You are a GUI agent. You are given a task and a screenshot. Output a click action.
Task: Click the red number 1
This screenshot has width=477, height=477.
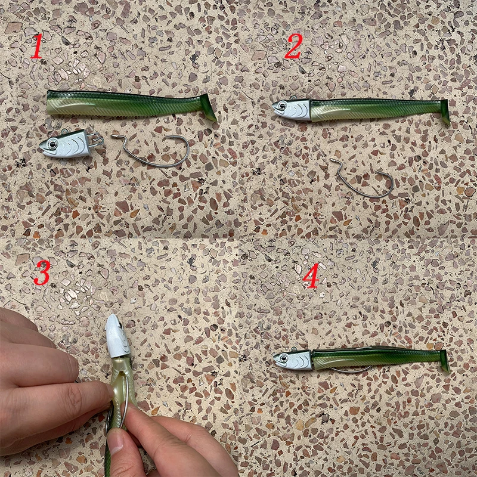tap(37, 46)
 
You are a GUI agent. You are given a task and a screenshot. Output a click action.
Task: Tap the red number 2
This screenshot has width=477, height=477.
tap(293, 46)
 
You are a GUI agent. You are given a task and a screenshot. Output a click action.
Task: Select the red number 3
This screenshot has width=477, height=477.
tap(42, 273)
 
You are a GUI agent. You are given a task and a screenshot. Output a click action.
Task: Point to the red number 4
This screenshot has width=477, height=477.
tap(311, 275)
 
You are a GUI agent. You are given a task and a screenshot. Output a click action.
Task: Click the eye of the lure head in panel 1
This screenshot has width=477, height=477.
tap(52, 144)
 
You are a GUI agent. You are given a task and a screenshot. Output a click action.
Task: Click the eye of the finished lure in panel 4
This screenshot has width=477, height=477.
tap(284, 358)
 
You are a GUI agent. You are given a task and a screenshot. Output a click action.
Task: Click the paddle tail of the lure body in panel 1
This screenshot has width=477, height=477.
tap(208, 107)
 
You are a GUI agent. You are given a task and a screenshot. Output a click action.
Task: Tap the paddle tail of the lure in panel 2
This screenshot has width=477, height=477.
tap(445, 111)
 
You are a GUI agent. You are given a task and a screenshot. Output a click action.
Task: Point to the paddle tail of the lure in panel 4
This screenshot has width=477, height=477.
tap(445, 361)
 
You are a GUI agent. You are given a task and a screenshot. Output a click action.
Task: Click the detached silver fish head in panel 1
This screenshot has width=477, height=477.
tap(66, 144)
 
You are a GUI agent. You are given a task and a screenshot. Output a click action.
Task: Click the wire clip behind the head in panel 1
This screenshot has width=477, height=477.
tap(96, 140)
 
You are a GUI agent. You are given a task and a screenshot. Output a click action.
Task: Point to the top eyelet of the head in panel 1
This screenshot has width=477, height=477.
tap(64, 132)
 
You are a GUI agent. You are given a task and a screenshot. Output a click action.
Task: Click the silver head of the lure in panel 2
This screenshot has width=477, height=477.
tap(292, 109)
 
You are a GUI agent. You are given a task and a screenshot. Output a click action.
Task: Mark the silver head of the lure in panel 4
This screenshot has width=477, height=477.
tap(293, 360)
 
